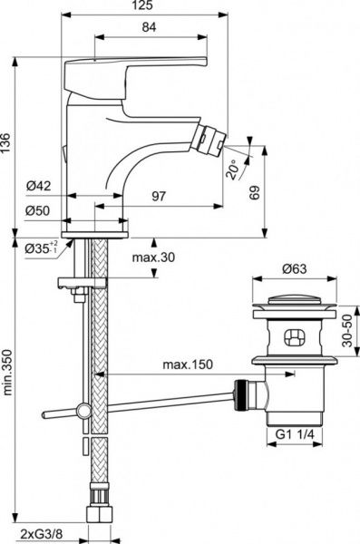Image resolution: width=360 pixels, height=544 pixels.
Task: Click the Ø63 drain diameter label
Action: click(288, 268)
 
